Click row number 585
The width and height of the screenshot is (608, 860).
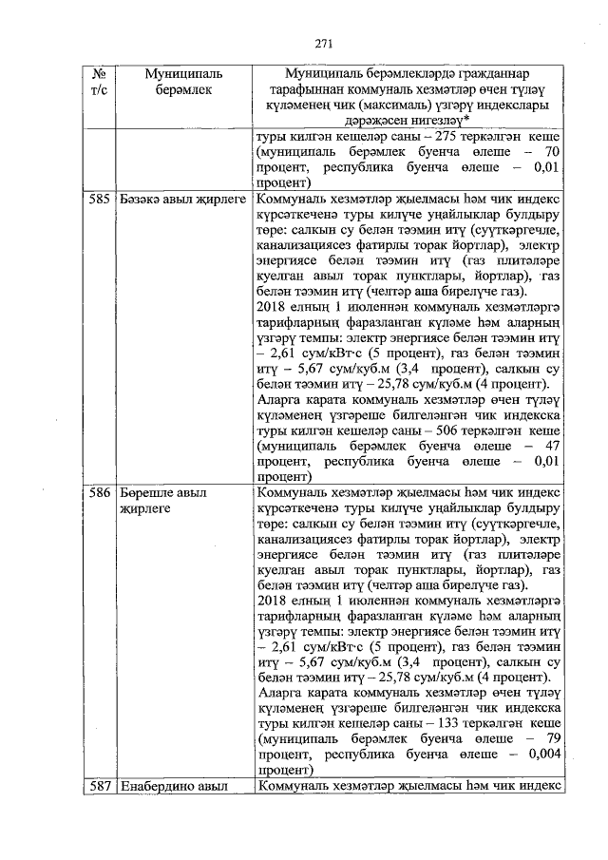coord(99,201)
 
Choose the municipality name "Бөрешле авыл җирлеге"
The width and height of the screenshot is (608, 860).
coord(163,502)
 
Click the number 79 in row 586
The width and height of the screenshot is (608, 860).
coord(550,736)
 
